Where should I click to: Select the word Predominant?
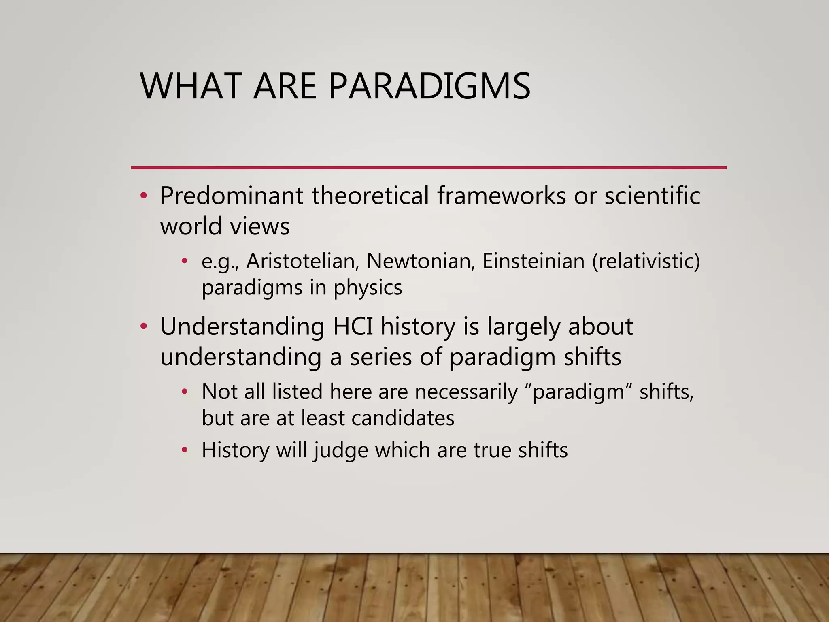[232, 196]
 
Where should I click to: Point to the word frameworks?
[501, 196]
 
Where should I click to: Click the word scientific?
[652, 196]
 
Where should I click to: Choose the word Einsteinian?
[534, 261]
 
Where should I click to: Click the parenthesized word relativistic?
[646, 261]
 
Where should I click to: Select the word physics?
[368, 288]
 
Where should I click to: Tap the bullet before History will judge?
[185, 450]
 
